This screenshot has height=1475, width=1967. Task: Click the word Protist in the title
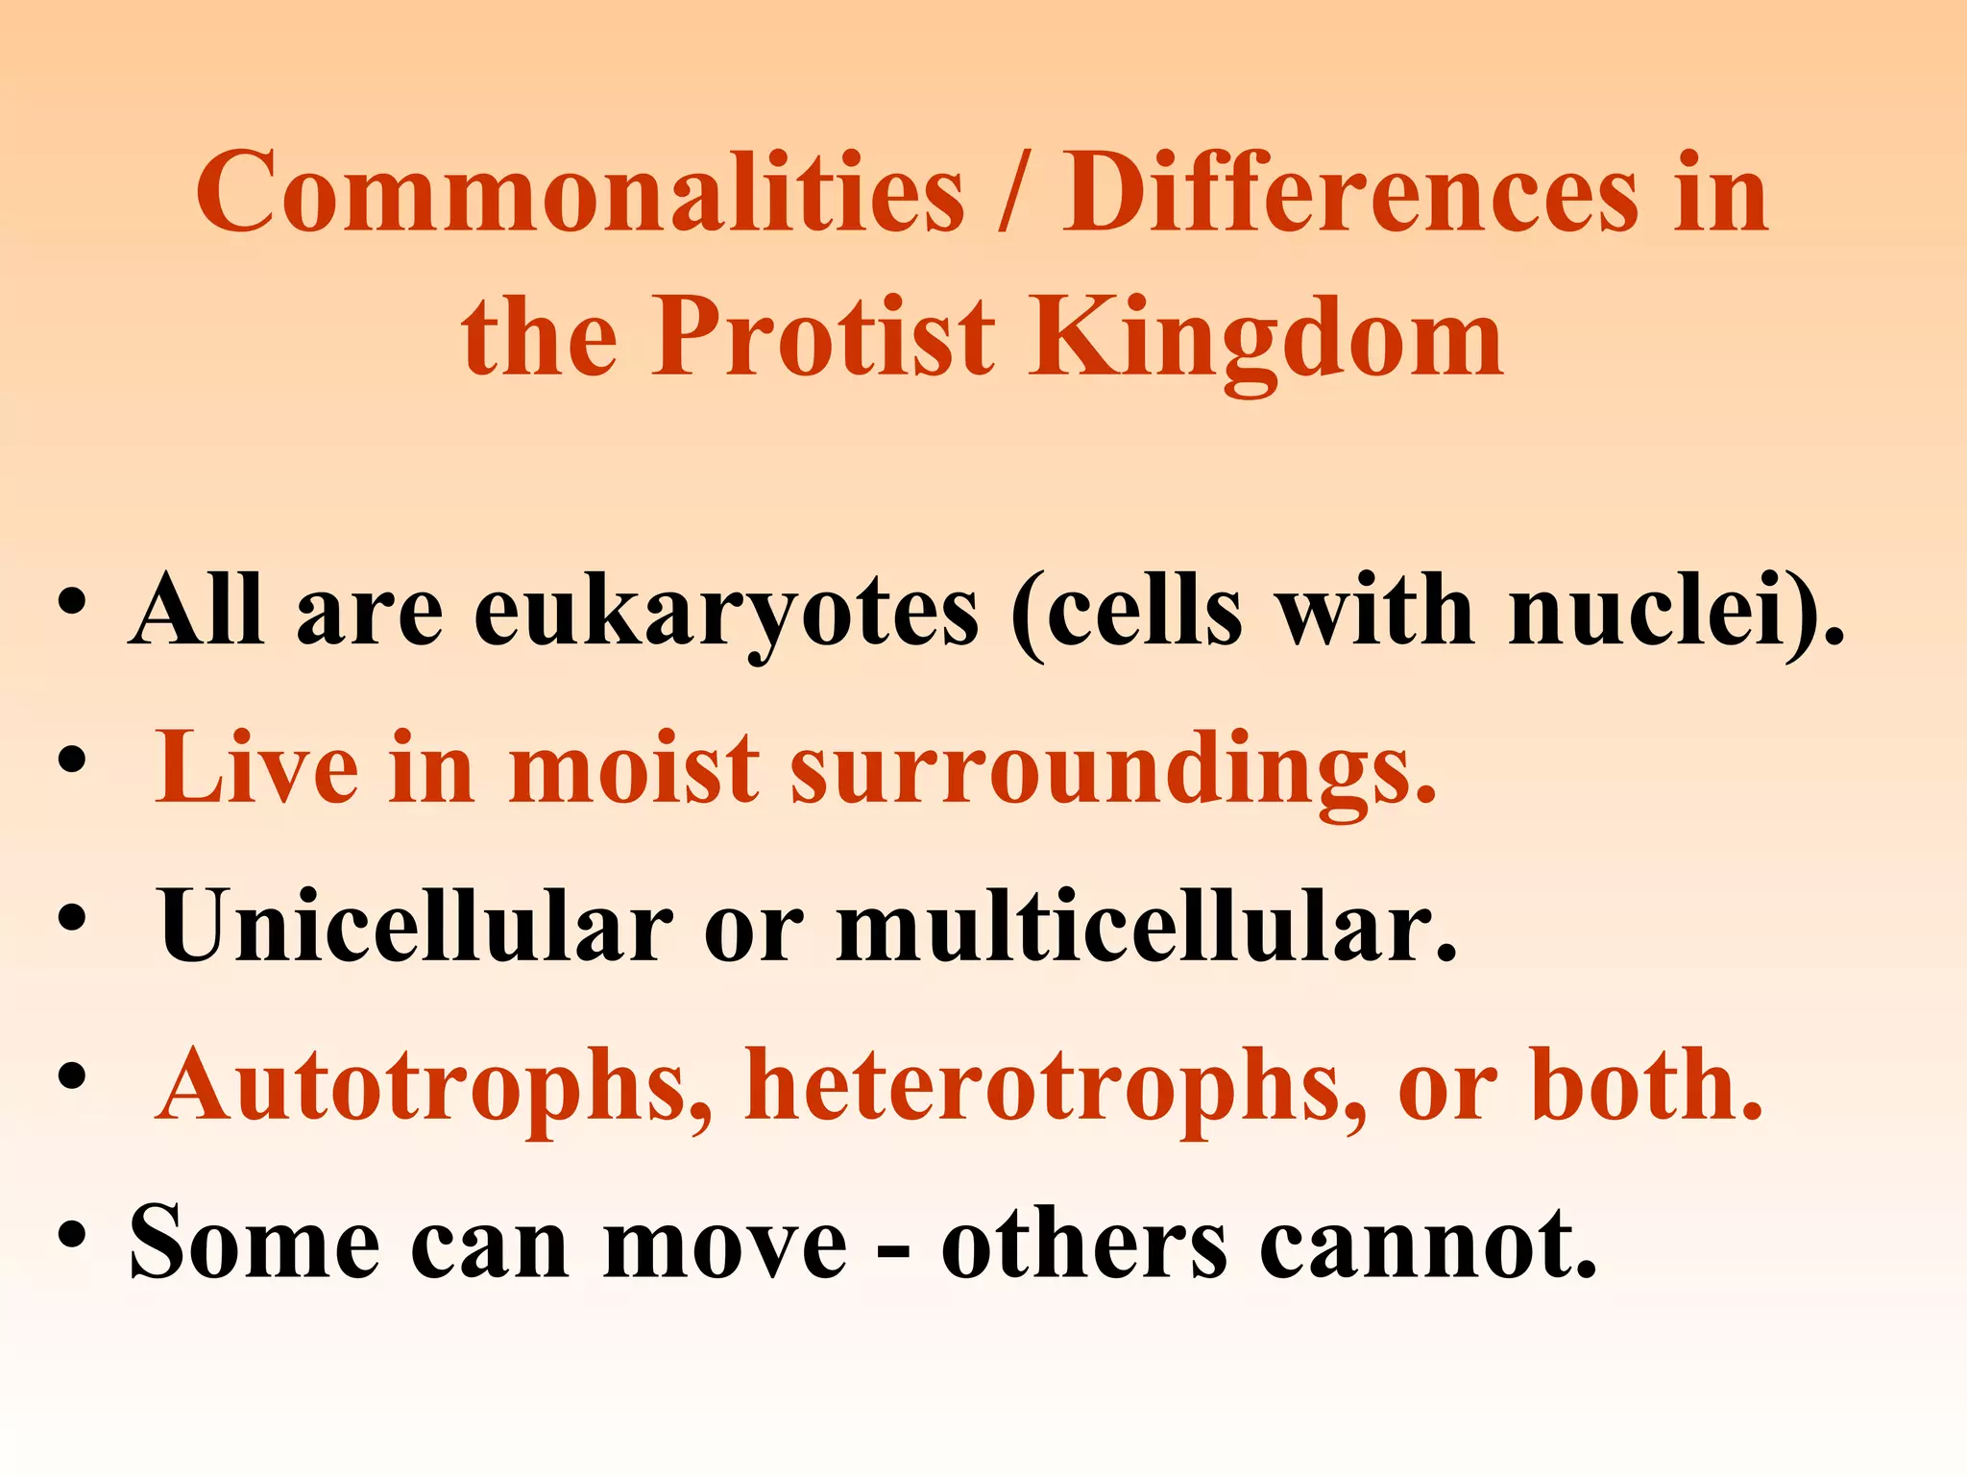824,338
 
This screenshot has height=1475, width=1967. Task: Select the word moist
634,768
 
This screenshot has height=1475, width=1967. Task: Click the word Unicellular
415,926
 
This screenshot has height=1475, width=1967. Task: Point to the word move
725,1245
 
